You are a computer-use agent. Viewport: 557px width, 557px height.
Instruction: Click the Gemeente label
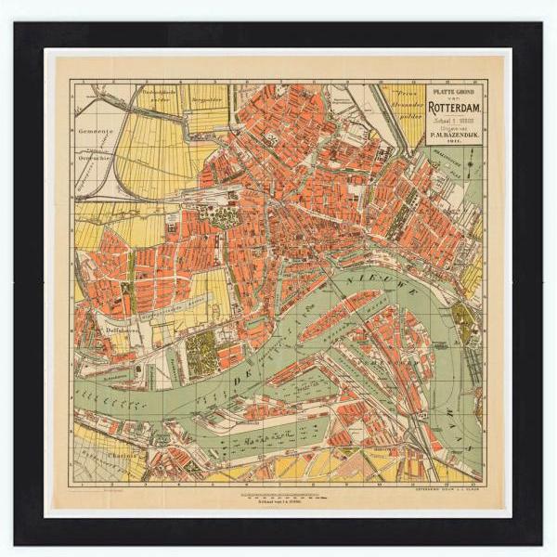(96, 132)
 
